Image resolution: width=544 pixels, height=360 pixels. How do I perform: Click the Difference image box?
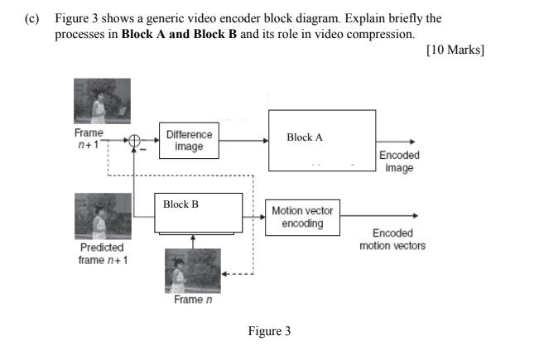tap(189, 141)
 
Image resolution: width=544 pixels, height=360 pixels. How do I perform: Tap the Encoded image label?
tap(398, 161)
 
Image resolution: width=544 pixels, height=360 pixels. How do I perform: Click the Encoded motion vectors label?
tap(392, 240)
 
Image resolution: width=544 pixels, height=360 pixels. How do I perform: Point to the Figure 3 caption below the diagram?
tap(269, 332)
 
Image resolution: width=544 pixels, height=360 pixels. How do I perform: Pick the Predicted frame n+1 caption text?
tap(102, 253)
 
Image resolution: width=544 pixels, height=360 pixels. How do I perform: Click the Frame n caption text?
tap(188, 300)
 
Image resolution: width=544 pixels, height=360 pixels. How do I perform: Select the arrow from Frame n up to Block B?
tap(193, 239)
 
